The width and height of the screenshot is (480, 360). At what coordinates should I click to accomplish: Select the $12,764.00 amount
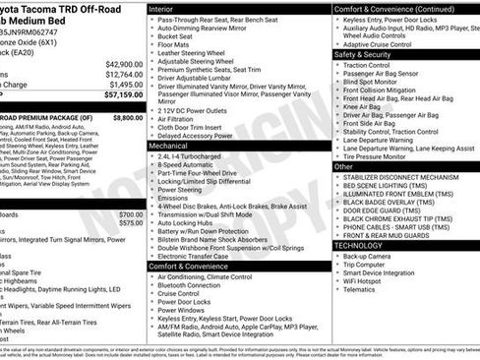point(122,74)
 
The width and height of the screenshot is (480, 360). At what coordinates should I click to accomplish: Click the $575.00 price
point(129,223)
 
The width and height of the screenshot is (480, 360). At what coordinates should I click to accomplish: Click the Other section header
point(343,166)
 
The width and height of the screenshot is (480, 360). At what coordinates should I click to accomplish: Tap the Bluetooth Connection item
point(201,284)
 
